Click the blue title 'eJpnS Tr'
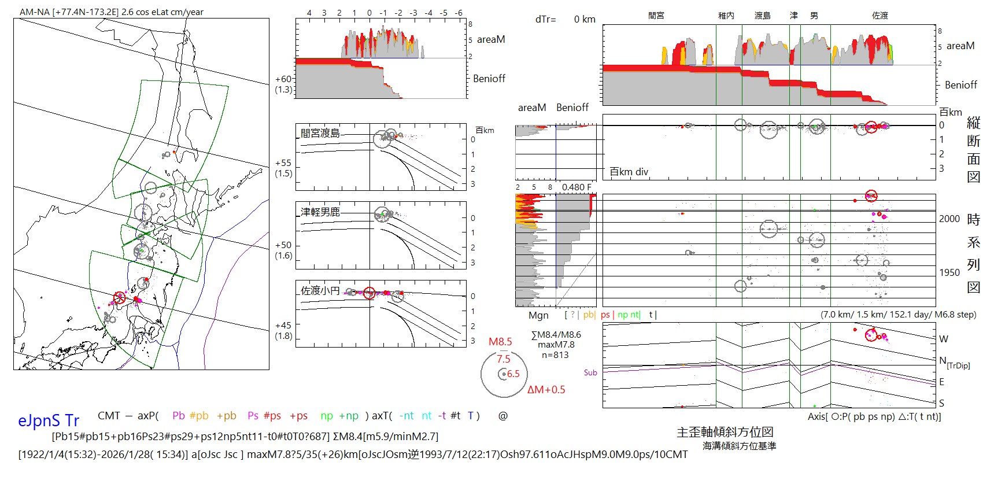(48, 420)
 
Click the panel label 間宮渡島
(320, 133)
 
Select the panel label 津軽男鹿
(320, 212)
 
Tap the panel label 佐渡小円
(320, 290)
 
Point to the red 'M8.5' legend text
(500, 342)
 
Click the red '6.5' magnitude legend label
(513, 374)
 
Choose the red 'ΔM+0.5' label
(546, 390)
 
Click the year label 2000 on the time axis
(949, 219)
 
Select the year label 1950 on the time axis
(949, 272)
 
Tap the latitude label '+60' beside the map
(283, 79)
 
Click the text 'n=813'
(555, 355)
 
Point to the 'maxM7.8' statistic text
(556, 345)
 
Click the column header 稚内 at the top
(726, 16)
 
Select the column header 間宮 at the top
(656, 16)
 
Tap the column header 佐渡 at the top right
(880, 16)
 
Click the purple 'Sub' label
(590, 373)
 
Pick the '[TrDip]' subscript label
(958, 365)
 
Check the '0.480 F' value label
(577, 187)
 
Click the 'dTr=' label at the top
(545, 20)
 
